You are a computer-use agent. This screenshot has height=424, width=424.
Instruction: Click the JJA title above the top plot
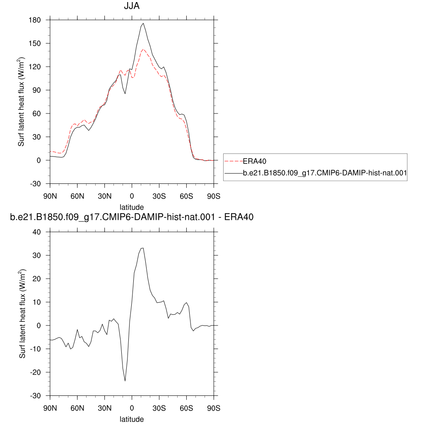pyautogui.click(x=132, y=6)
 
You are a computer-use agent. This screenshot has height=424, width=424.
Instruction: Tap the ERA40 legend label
pyautogui.click(x=255, y=161)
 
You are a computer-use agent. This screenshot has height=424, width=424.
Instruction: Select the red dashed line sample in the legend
pyautogui.click(x=234, y=161)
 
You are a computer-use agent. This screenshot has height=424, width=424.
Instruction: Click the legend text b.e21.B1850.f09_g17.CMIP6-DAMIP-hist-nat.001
pyautogui.click(x=325, y=173)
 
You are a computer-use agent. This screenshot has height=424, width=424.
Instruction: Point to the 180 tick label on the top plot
pyautogui.click(x=35, y=20)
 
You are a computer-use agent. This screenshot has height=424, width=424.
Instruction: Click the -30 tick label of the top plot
pyautogui.click(x=35, y=184)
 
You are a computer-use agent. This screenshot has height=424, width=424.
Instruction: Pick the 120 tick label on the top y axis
pyautogui.click(x=35, y=67)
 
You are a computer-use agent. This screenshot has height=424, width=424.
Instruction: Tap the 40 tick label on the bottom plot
pyautogui.click(x=36, y=232)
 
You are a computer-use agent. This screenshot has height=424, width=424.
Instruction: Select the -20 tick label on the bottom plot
pyautogui.click(x=35, y=372)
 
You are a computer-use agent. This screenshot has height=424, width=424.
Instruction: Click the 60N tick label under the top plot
pyautogui.click(x=77, y=196)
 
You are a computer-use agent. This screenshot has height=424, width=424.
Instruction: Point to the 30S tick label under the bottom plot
pyautogui.click(x=159, y=408)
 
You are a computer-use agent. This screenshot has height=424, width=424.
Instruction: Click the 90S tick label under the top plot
pyautogui.click(x=214, y=196)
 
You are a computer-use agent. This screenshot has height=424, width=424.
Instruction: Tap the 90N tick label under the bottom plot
pyautogui.click(x=50, y=408)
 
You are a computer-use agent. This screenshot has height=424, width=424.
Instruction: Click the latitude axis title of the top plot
pyautogui.click(x=132, y=207)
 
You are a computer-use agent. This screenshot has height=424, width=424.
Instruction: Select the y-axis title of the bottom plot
pyautogui.click(x=22, y=314)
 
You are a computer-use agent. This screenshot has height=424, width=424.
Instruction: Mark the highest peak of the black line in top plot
pyautogui.click(x=143, y=23)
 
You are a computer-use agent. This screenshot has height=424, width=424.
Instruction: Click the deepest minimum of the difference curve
pyautogui.click(x=125, y=381)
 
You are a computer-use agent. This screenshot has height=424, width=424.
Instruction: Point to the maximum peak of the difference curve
pyautogui.click(x=143, y=248)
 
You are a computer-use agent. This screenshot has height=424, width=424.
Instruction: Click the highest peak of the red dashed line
pyautogui.click(x=143, y=50)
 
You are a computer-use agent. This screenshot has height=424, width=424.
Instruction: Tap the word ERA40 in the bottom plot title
pyautogui.click(x=239, y=217)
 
